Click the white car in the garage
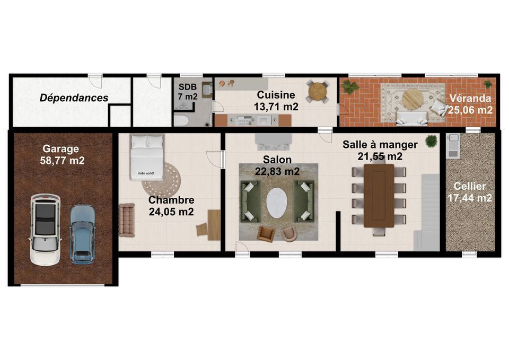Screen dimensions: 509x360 tap(46, 230)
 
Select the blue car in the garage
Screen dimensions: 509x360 tap(83, 233)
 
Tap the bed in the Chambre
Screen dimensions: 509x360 tap(146, 157)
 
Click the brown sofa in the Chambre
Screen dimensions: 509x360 tap(127, 220)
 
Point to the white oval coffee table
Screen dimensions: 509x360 tap(277, 204)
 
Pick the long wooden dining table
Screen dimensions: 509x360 tap(379, 196)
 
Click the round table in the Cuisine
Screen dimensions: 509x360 tap(317, 92)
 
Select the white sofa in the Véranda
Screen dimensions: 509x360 tap(412, 118)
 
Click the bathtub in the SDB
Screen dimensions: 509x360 tap(181, 120)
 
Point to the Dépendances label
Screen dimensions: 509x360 tap(74, 98)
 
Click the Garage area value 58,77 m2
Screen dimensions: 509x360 tap(63, 160)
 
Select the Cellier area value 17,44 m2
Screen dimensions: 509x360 tap(470, 198)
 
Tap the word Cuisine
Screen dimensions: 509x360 tap(276, 95)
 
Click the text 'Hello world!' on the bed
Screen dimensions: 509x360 tap(146, 173)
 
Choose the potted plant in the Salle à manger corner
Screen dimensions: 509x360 tap(431, 141)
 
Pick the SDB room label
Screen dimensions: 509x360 tap(188, 86)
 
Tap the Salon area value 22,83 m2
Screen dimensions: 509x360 tap(277, 171)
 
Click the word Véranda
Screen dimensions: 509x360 tap(470, 98)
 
